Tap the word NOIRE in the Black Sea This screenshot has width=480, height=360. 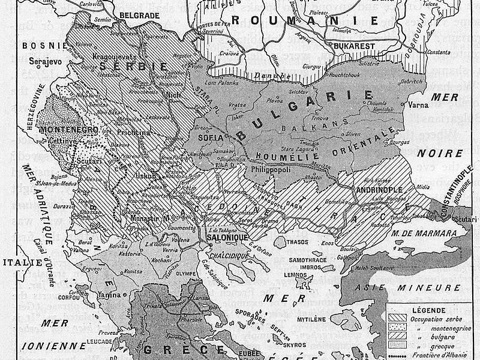tap(444, 136)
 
